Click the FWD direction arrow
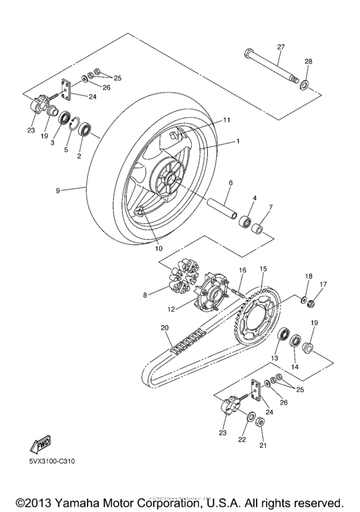pos(39,445)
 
